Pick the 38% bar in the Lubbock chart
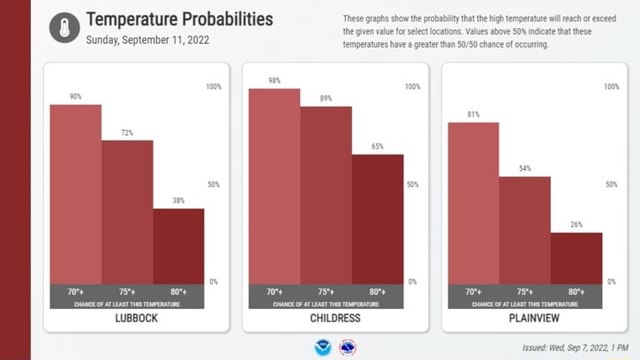click(x=178, y=245)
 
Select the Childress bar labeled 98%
click(x=274, y=185)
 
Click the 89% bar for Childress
click(x=325, y=194)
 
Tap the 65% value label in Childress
click(x=377, y=147)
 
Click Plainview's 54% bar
click(x=525, y=229)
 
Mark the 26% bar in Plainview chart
click(x=577, y=257)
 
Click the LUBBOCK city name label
click(x=127, y=318)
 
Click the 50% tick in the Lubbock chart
click(x=213, y=185)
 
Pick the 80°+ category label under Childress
click(x=377, y=291)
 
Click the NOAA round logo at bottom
click(x=322, y=348)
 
